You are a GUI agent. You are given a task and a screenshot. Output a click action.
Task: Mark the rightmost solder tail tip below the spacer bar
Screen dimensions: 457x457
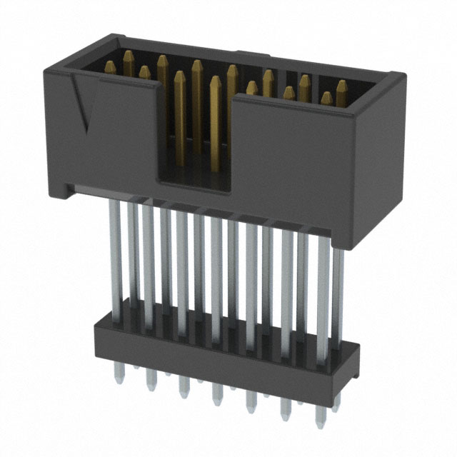[x=319, y=421]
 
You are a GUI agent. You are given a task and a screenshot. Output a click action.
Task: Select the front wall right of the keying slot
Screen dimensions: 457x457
[x=293, y=164]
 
